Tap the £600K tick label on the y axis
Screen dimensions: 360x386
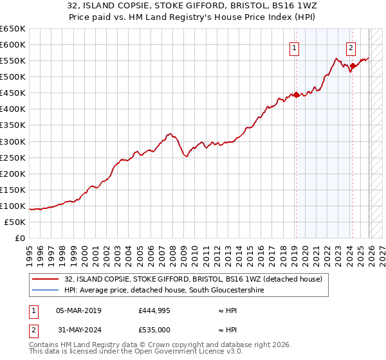[13, 45]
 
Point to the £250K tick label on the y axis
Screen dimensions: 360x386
[13, 157]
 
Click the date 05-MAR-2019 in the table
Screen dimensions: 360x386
[78, 310]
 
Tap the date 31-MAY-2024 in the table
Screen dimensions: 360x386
[78, 330]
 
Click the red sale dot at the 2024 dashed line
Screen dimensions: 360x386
[353, 66]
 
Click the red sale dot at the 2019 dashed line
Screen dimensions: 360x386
[296, 94]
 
